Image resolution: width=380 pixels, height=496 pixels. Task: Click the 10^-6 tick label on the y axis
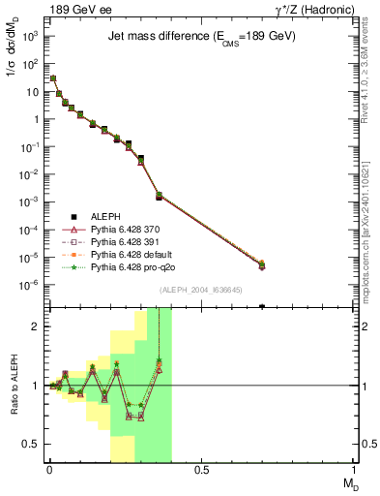click(29, 285)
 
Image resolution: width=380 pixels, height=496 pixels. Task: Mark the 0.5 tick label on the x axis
click(201, 469)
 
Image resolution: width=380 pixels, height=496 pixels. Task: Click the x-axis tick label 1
click(355, 469)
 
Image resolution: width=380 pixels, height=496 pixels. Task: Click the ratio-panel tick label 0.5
click(31, 444)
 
